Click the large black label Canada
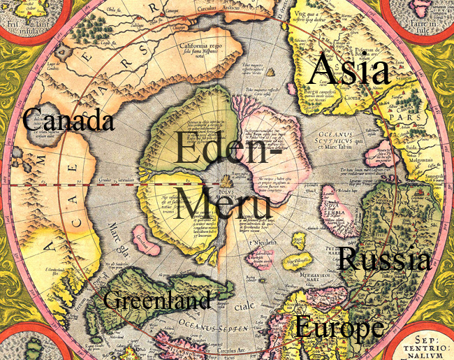coord(68,120)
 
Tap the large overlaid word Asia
coord(349,69)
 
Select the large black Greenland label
coord(156,301)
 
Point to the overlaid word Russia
coord(383,259)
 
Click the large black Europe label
coord(339,326)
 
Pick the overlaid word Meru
coord(222,202)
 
